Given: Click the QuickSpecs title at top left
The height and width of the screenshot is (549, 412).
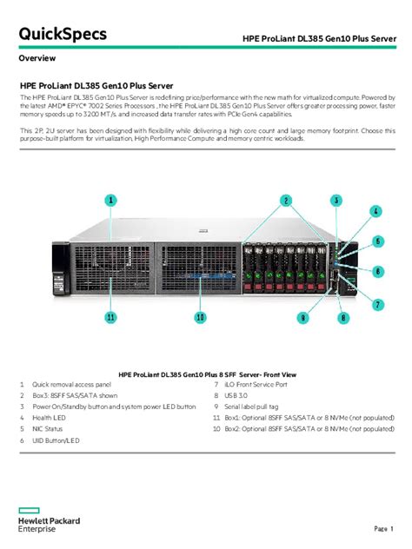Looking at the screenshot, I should (63, 34).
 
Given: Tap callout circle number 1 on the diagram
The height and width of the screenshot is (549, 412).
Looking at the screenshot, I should (110, 200).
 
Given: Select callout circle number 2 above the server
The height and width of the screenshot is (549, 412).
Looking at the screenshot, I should (285, 201).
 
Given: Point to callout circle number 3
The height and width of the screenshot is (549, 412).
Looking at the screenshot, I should (336, 200).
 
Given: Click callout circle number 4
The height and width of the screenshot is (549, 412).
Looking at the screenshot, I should (375, 211).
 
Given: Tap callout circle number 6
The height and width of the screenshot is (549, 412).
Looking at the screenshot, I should (378, 271).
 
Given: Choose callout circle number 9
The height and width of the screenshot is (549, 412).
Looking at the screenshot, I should (302, 318).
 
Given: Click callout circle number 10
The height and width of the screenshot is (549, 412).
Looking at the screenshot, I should (200, 318).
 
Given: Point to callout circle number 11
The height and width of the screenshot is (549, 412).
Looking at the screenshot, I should (110, 318).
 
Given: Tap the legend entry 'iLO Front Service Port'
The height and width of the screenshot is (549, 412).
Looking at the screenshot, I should (262, 384).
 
